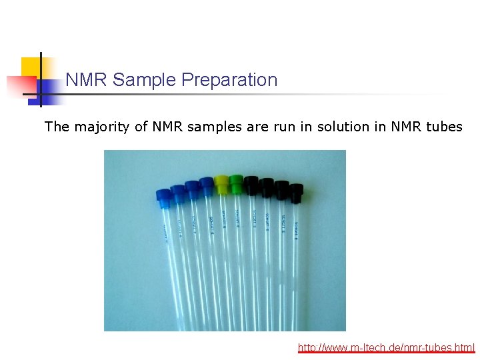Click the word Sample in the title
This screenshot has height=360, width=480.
click(x=136, y=80)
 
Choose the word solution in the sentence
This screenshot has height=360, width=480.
click(x=331, y=127)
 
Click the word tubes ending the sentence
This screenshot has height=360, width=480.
click(x=442, y=127)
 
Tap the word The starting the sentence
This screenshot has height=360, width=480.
click(x=57, y=127)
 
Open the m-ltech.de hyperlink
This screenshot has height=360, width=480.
click(x=386, y=347)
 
